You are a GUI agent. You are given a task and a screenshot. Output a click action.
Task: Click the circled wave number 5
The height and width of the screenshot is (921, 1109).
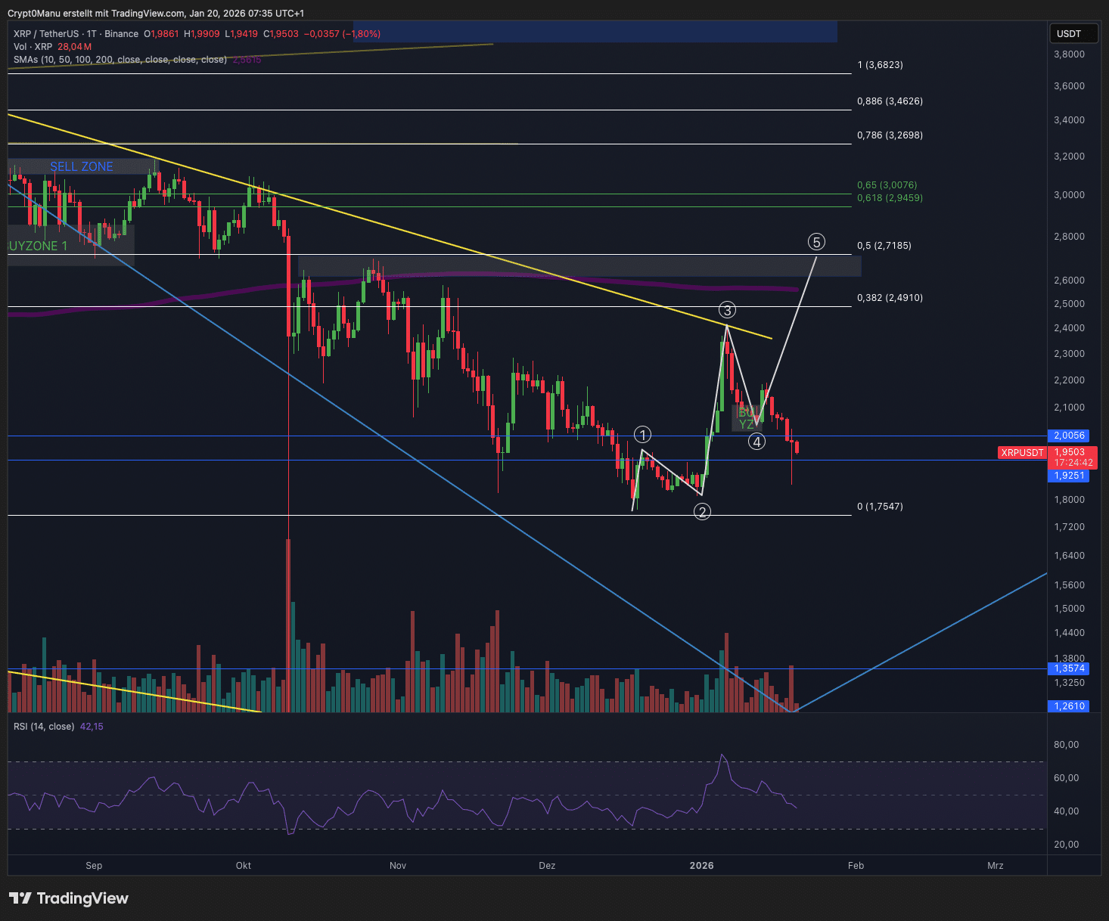[x=816, y=242]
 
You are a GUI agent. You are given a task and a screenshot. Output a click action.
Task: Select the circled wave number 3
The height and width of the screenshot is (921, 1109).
[x=727, y=310]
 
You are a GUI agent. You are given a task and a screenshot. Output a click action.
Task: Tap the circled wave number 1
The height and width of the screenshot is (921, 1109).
[x=642, y=435]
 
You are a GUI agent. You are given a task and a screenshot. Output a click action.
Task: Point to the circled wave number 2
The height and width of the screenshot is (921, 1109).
[x=702, y=512]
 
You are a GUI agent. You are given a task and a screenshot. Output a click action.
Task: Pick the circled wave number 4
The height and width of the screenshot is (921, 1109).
[x=756, y=442]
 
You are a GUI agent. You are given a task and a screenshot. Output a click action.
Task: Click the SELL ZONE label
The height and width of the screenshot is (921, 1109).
[x=82, y=166]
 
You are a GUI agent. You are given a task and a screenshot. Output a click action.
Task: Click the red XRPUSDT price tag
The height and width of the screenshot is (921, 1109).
[x=1022, y=453]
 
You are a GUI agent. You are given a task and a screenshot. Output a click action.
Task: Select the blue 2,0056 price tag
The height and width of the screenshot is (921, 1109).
[x=1070, y=436]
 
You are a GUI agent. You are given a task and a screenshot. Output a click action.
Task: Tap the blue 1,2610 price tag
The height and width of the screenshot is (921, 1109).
[x=1070, y=706]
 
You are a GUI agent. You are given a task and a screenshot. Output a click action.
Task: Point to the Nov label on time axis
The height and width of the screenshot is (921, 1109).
[x=398, y=866]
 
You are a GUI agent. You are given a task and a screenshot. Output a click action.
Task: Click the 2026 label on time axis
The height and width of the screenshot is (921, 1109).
[x=701, y=866]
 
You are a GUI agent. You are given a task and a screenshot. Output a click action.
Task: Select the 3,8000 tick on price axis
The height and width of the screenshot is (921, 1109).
[x=1070, y=54]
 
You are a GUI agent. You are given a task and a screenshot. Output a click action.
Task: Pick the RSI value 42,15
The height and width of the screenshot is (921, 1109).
[x=92, y=727]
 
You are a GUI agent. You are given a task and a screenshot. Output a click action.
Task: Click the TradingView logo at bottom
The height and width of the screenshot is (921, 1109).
[x=69, y=898]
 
